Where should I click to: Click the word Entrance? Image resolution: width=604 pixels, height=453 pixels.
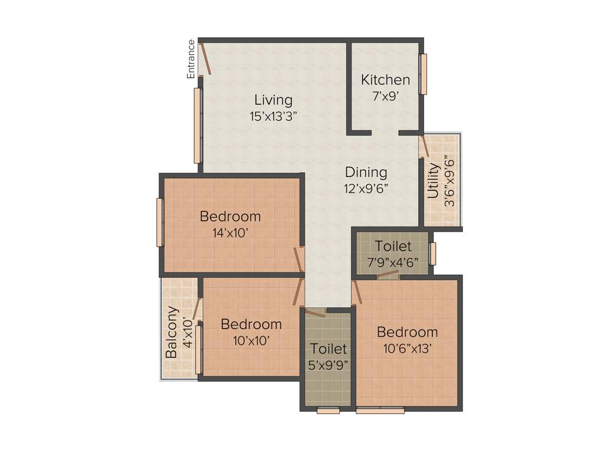click(191, 59)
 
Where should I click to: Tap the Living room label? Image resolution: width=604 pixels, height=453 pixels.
click(273, 99)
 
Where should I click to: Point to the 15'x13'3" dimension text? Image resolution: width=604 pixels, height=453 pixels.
click(273, 116)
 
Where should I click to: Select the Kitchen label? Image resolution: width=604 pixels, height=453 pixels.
click(386, 80)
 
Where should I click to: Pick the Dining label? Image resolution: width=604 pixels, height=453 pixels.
click(366, 173)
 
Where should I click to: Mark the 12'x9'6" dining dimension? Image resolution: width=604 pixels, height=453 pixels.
click(366, 189)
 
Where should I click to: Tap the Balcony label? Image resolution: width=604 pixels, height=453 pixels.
click(172, 332)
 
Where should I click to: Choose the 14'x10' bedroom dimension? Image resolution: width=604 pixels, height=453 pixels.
click(230, 232)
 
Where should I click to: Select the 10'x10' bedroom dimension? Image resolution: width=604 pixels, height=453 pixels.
click(251, 340)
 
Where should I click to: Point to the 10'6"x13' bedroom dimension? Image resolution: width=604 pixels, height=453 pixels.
click(408, 348)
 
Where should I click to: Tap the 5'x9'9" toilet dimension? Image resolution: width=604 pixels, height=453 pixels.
click(329, 365)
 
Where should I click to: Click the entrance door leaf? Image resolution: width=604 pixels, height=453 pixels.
click(205, 58)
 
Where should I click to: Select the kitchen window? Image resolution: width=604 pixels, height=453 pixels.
click(422, 74)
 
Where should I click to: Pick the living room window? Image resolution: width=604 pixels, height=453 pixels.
click(198, 125)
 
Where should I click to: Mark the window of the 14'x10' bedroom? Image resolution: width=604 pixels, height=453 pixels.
click(159, 222)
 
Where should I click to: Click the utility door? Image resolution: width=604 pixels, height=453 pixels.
click(424, 146)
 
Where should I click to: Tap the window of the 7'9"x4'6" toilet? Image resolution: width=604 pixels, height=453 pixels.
click(432, 254)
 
